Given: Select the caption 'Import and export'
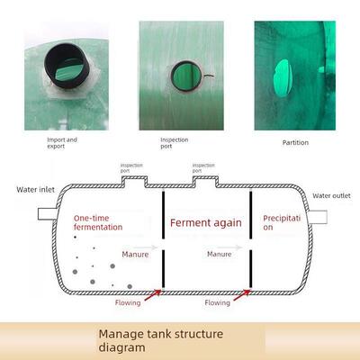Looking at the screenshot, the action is pyautogui.click(x=62, y=143).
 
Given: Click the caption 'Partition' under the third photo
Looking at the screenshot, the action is pyautogui.click(x=295, y=143).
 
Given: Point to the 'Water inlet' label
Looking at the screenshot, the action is pyautogui.click(x=36, y=190).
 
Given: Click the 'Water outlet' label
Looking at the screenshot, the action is pyautogui.click(x=331, y=196).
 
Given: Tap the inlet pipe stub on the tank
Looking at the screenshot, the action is pyautogui.click(x=47, y=214).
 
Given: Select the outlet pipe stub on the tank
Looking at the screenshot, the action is pyautogui.click(x=318, y=217).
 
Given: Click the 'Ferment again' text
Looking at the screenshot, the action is pyautogui.click(x=206, y=223).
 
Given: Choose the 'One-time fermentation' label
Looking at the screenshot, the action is pyautogui.click(x=98, y=222).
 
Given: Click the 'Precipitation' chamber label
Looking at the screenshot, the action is pyautogui.click(x=282, y=222).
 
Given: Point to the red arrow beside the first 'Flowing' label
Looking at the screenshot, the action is pyautogui.click(x=153, y=294).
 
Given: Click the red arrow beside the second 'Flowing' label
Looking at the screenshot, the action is pyautogui.click(x=242, y=294).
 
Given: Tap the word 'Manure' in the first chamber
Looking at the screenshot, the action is pyautogui.click(x=135, y=255).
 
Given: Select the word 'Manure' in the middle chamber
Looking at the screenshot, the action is pyautogui.click(x=220, y=254).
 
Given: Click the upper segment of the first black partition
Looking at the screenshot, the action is pyautogui.click(x=163, y=215).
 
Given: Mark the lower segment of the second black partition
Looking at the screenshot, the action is pyautogui.click(x=250, y=269).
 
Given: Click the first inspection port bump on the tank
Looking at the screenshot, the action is pyautogui.click(x=134, y=181).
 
